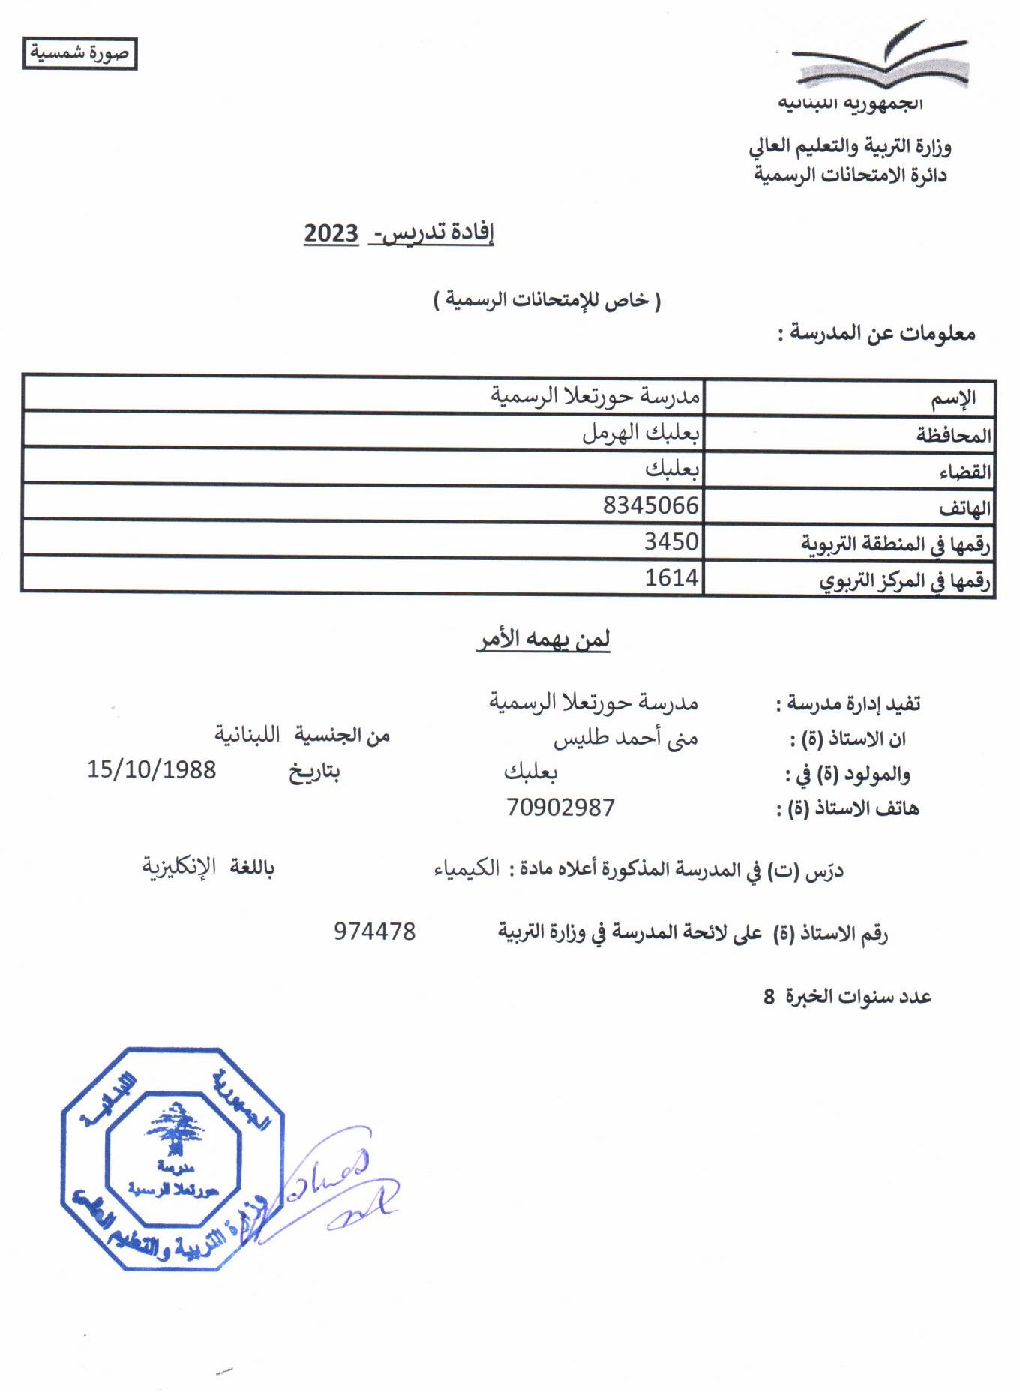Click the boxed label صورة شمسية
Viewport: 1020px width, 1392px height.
(79, 54)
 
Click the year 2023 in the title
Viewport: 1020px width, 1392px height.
(331, 233)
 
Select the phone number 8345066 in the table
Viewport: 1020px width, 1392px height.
(650, 505)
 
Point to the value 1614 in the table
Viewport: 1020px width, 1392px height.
(671, 578)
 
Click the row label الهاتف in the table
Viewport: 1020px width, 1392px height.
(964, 509)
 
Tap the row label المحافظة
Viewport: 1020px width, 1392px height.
(953, 435)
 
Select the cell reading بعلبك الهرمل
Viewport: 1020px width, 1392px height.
(640, 433)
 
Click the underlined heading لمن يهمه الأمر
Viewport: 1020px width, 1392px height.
(544, 640)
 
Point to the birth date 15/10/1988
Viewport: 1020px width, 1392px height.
(151, 770)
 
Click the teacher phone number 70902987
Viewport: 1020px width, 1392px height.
(560, 808)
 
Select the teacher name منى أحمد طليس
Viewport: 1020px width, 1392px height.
(625, 739)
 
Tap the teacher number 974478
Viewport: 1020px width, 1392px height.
(374, 931)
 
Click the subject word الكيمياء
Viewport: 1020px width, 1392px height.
(466, 869)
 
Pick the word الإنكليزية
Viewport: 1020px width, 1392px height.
(179, 867)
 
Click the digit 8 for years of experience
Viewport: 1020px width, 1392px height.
(769, 997)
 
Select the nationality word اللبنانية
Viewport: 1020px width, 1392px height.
(247, 735)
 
